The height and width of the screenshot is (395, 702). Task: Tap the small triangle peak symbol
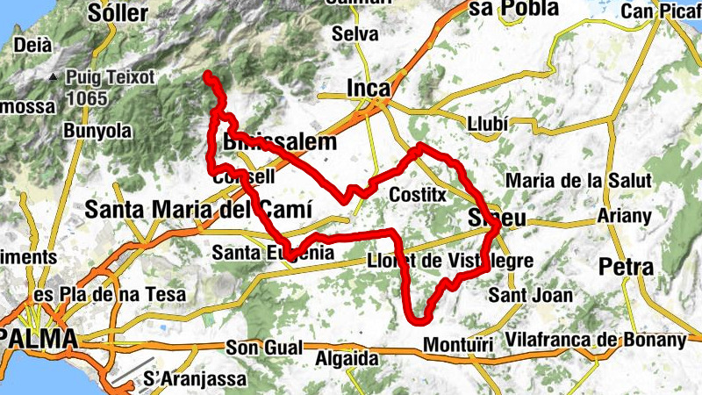(x=54, y=77)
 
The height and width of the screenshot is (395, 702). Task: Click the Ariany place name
(x=623, y=216)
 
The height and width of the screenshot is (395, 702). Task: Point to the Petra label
(x=626, y=266)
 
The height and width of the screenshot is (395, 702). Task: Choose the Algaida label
(x=347, y=358)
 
